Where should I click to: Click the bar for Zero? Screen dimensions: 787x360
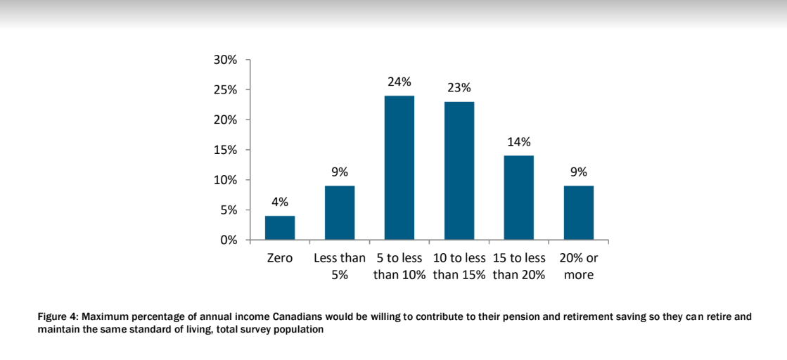point(280,228)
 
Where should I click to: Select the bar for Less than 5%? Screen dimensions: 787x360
point(340,213)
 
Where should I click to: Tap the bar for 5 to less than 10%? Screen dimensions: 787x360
point(399,168)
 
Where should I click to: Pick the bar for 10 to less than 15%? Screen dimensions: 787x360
point(459,171)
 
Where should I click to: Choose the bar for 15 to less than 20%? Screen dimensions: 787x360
point(519,198)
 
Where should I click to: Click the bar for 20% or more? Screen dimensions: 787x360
point(579,213)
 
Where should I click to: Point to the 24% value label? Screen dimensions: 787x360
point(399,82)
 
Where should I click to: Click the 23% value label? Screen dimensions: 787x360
point(459,88)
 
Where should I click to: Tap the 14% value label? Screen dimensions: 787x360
point(519,142)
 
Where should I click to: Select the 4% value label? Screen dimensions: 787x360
point(280,202)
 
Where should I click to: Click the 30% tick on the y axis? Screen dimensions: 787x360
point(225,60)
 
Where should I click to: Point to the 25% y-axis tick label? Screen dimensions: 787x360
point(225,91)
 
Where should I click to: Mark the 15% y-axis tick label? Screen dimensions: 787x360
point(225,150)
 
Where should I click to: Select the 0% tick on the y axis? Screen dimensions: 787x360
point(229,240)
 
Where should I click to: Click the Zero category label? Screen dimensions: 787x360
point(280,259)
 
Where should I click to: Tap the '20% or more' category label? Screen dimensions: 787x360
point(579,266)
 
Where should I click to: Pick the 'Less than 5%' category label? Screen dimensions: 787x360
point(340,266)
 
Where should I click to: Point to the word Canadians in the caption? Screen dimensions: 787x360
point(297,317)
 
